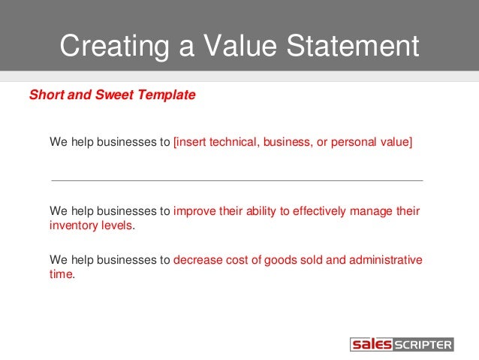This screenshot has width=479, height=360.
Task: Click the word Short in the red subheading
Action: click(x=45, y=95)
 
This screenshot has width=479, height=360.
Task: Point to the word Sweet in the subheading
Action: click(x=107, y=95)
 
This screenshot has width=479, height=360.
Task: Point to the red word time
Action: click(x=61, y=274)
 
